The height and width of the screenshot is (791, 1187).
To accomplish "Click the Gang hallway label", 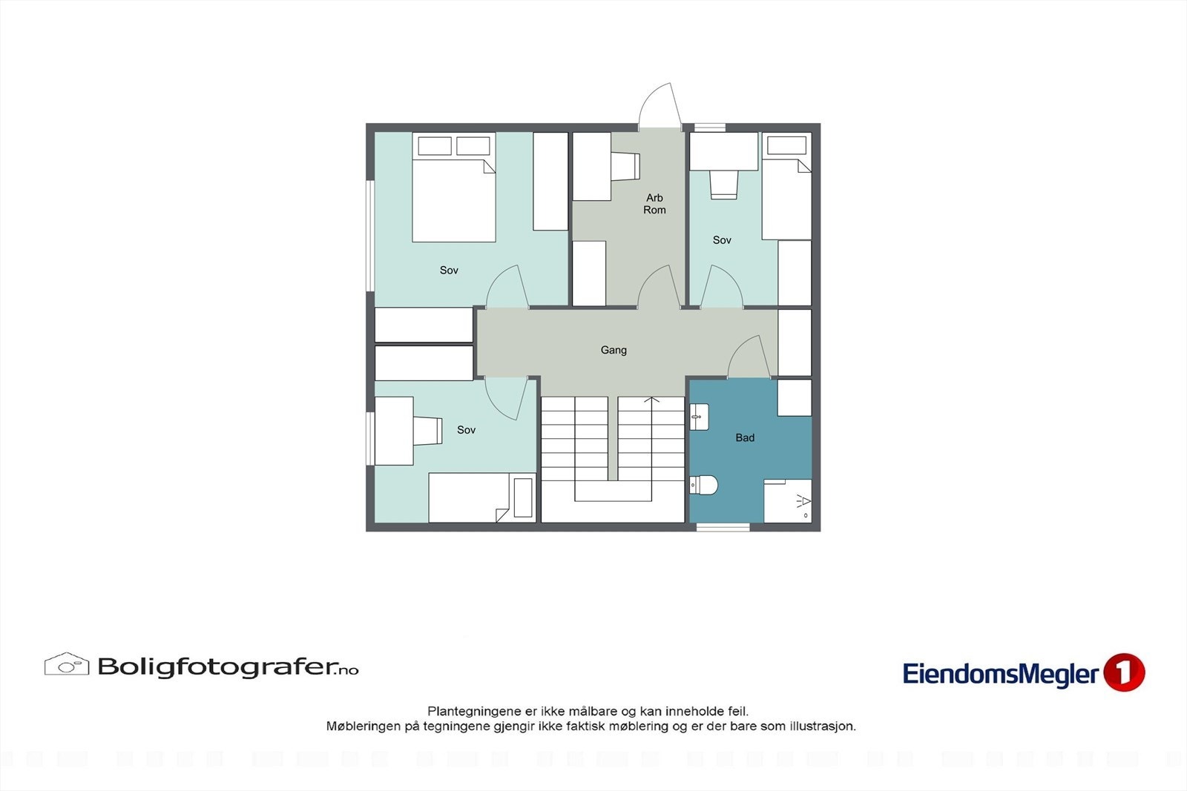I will tap(614, 350).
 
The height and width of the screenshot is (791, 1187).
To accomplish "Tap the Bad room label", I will tap(745, 438).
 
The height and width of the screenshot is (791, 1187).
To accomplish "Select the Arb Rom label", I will tap(654, 204).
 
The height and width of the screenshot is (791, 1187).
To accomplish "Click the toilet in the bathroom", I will tap(704, 486).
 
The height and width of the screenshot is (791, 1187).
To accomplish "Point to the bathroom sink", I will tap(699, 417).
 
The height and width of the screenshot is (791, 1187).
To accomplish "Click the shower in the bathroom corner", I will tap(788, 501).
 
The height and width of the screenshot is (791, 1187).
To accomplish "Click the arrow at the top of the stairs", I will tap(651, 401).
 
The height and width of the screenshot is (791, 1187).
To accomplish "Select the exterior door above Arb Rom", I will tap(660, 106).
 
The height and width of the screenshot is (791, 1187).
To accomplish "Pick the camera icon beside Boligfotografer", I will tap(66, 664).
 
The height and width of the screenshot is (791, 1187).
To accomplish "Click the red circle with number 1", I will tap(1124, 672).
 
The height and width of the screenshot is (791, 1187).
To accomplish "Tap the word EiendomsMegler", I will tap(1000, 674).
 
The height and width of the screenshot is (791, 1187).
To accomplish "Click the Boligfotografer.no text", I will tap(228, 667).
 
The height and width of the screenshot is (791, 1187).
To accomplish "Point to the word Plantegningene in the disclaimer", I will tap(474, 712).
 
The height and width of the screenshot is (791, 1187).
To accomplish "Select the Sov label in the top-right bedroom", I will tap(722, 240).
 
